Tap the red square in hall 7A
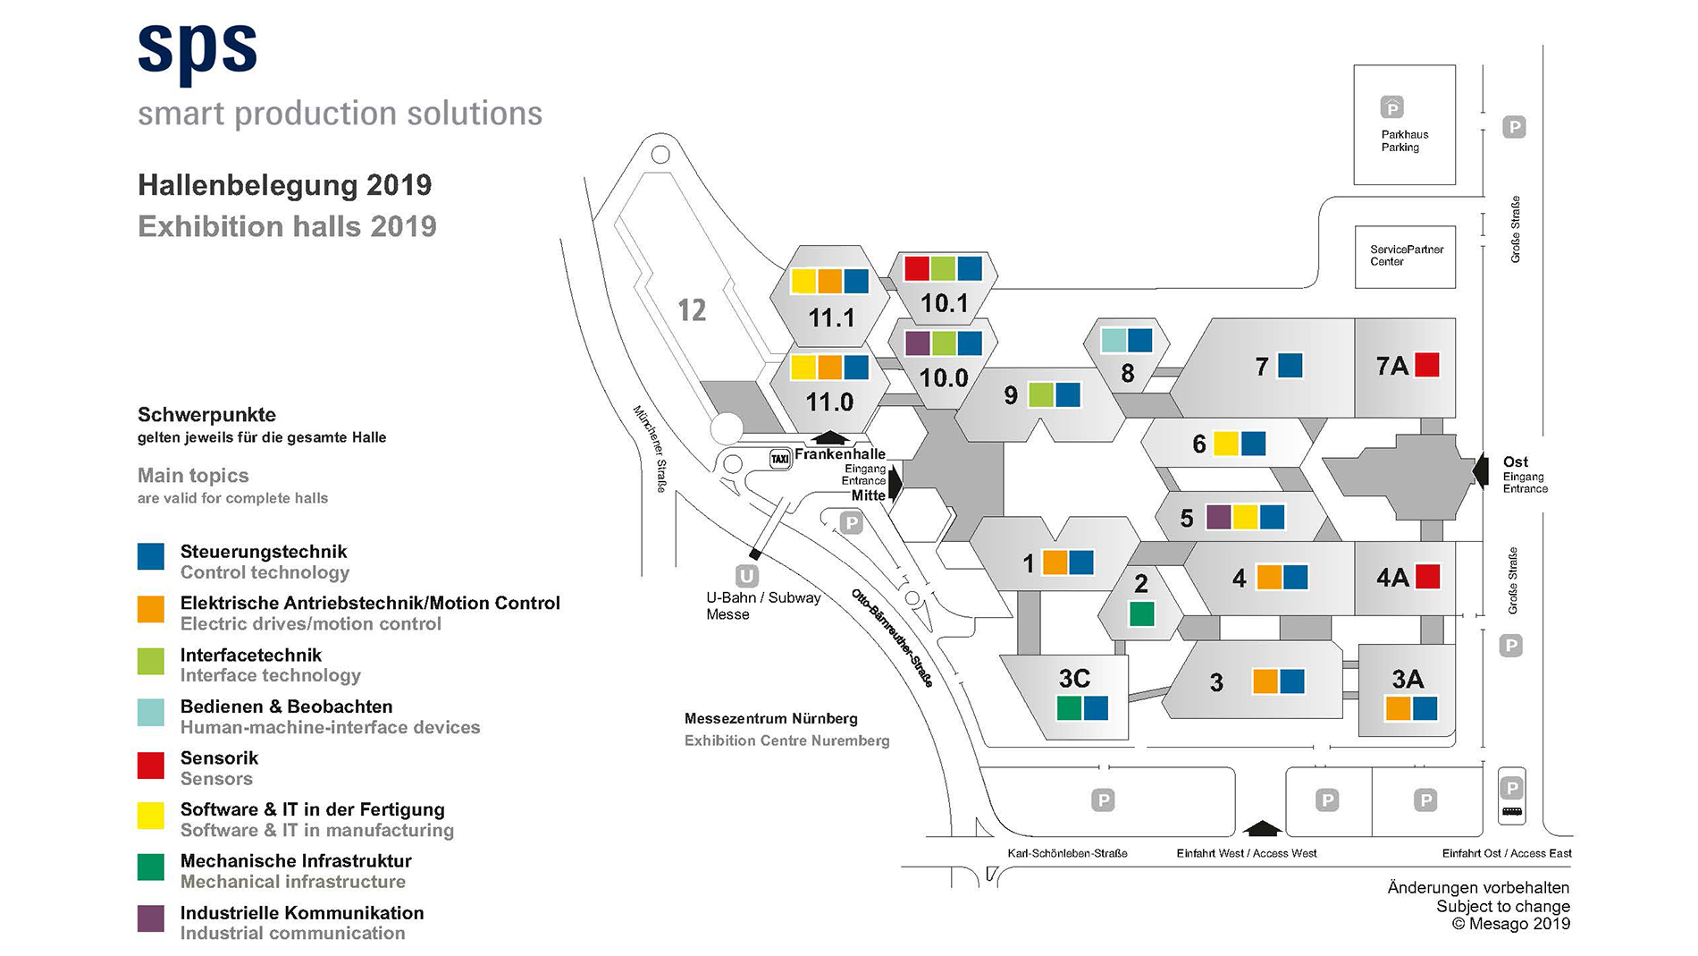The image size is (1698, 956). click(x=1427, y=365)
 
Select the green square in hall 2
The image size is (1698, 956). click(x=1141, y=614)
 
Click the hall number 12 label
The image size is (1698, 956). click(x=692, y=310)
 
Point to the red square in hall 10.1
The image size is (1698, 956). click(x=917, y=268)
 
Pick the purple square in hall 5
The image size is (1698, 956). click(x=1218, y=517)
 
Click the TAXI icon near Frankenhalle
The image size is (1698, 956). click(x=780, y=459)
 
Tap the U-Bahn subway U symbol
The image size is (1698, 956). click(x=746, y=575)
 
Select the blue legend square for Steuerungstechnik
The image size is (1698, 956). click(x=151, y=556)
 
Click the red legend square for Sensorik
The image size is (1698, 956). click(x=151, y=766)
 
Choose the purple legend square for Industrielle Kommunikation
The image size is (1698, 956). click(x=151, y=918)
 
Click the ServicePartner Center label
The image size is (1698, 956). click(x=1407, y=256)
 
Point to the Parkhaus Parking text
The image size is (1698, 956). click(x=1404, y=141)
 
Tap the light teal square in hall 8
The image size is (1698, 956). click(x=1114, y=340)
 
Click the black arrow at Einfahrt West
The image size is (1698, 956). click(x=1263, y=828)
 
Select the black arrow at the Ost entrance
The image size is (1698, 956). click(x=1481, y=471)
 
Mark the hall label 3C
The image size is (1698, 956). click(x=1074, y=679)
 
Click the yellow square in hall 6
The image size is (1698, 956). click(x=1226, y=444)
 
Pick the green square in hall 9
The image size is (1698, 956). click(x=1041, y=394)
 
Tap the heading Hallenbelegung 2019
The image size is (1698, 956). click(x=285, y=185)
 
